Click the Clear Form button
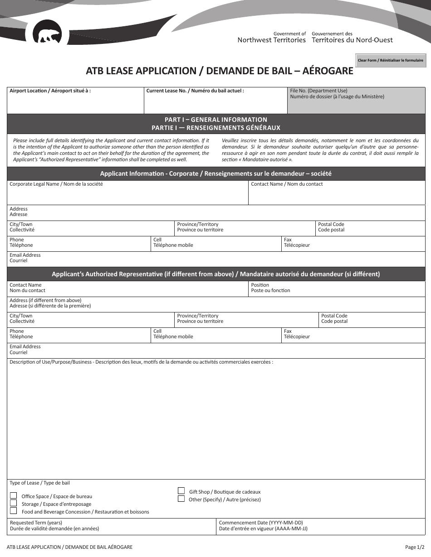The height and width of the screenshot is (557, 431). [391, 60]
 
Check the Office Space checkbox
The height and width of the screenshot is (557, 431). [14, 495]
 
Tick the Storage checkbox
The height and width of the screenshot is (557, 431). [14, 503]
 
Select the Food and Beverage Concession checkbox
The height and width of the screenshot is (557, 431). [14, 511]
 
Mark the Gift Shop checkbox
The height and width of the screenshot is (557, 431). [181, 491]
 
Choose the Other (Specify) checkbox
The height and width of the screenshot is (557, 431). [181, 499]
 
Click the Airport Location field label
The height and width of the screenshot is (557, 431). [50, 91]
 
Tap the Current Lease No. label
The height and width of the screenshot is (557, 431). [195, 91]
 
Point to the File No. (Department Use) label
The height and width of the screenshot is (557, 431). [318, 91]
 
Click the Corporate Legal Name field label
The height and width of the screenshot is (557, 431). [56, 184]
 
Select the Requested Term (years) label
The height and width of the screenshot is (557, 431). [36, 523]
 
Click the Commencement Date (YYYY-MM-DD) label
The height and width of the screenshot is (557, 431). [261, 523]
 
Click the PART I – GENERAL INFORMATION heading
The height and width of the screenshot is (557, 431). [216, 120]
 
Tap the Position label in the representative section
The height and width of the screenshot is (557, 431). [260, 285]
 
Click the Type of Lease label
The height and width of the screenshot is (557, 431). [39, 483]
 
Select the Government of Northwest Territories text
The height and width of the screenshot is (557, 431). [272, 37]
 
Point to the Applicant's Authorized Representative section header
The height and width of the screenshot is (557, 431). [216, 274]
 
